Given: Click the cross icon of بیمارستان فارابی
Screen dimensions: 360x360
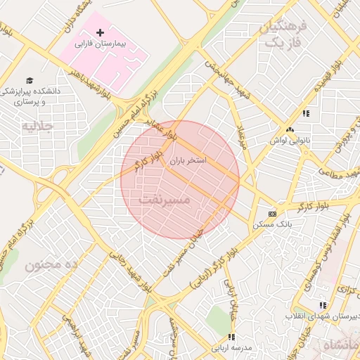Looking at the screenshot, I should pyautogui.click(x=100, y=32).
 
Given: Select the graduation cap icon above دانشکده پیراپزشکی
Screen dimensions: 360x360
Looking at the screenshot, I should pyautogui.click(x=30, y=80).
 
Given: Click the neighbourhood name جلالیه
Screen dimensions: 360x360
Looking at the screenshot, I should pyautogui.click(x=38, y=127).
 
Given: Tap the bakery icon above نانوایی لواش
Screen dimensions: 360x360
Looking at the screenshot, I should pyautogui.click(x=290, y=129).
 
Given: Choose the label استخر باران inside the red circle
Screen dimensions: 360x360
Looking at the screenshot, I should pyautogui.click(x=187, y=161).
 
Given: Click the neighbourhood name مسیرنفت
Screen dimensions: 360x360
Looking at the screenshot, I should pyautogui.click(x=165, y=200).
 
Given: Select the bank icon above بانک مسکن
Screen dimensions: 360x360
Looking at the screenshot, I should pyautogui.click(x=272, y=213).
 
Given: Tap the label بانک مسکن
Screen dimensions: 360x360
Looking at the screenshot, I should pyautogui.click(x=271, y=224).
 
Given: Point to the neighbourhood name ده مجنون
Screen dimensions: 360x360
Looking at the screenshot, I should pyautogui.click(x=50, y=265).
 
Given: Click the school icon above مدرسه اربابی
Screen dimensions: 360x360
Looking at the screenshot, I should pyautogui.click(x=231, y=336).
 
